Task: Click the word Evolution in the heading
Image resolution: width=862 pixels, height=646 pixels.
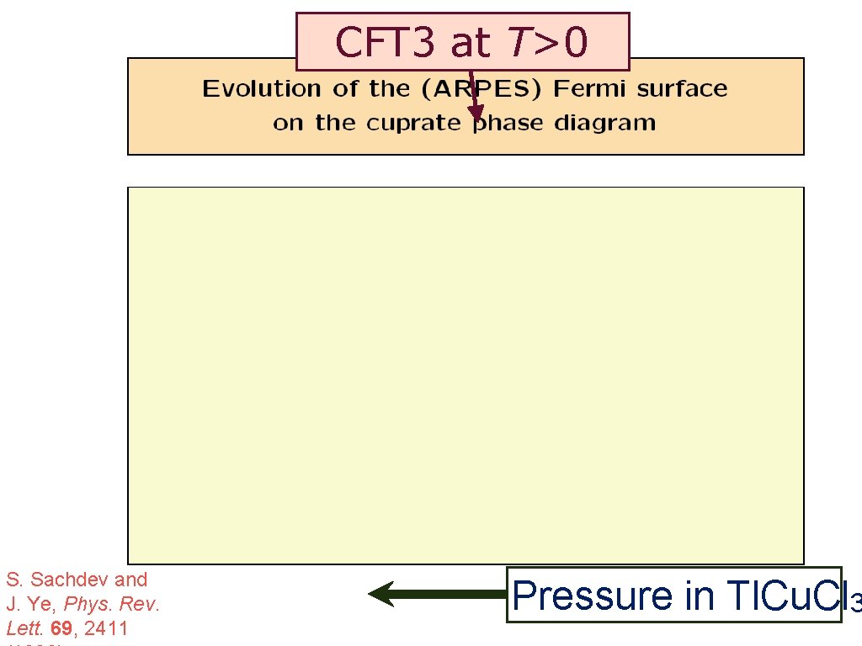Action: pyautogui.click(x=262, y=89)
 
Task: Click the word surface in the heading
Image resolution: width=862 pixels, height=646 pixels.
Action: pyautogui.click(x=683, y=89)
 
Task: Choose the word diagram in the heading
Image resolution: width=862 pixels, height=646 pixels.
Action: pyautogui.click(x=604, y=123)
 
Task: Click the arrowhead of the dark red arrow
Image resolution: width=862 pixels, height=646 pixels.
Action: pyautogui.click(x=476, y=114)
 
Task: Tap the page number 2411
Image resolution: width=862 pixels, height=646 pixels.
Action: pyautogui.click(x=109, y=628)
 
